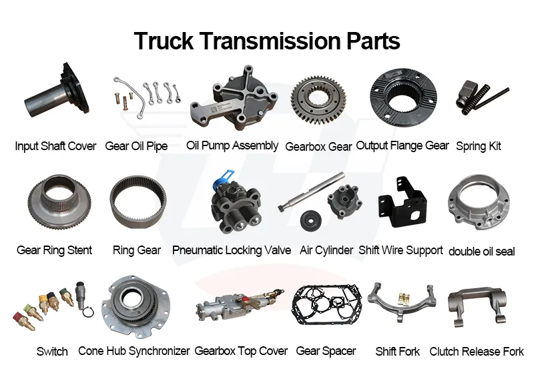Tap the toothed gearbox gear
pyautogui.click(x=318, y=100)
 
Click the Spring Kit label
pyautogui.click(x=478, y=146)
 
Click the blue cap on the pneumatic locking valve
pyautogui.click(x=222, y=179)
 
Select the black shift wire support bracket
pyautogui.click(x=402, y=202)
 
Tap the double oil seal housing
pyautogui.click(x=479, y=204)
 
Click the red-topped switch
pyautogui.click(x=23, y=321)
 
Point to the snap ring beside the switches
pyautogui.click(x=89, y=312)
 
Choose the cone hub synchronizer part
pyautogui.click(x=136, y=307)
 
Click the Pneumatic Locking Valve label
pyautogui.click(x=232, y=250)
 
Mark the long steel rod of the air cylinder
pyautogui.click(x=312, y=191)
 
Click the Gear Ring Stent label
pyautogui.click(x=55, y=250)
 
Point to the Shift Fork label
pyautogui.click(x=397, y=351)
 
